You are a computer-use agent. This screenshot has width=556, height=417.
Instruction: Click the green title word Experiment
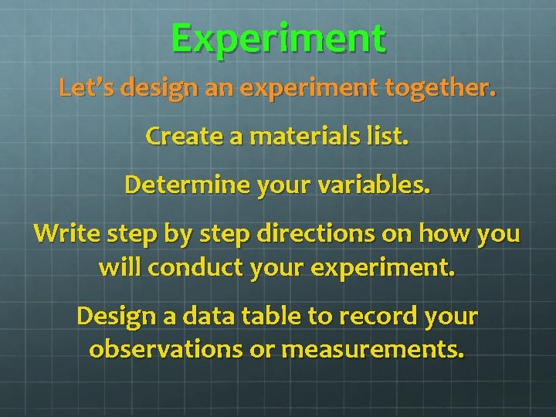pyautogui.click(x=278, y=39)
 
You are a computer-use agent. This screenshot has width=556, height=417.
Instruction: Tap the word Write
pyautogui.click(x=59, y=234)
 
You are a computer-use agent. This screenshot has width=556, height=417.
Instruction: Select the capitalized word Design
pyautogui.click(x=113, y=317)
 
